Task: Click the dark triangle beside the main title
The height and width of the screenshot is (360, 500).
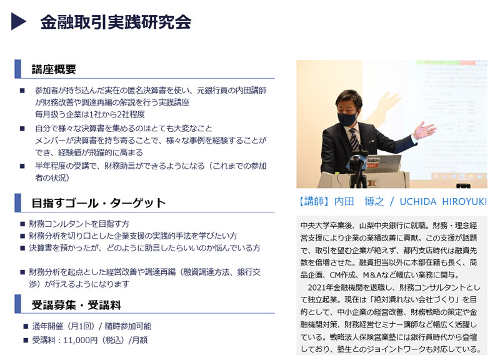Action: (x=17, y=21)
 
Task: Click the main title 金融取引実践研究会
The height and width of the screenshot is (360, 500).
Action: (x=116, y=22)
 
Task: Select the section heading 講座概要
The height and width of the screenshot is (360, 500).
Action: (x=54, y=69)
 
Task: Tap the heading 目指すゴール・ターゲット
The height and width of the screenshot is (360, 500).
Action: (x=99, y=202)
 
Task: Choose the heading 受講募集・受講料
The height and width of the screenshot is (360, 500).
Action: (x=76, y=305)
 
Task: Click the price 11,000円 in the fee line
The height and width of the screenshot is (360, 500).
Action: (x=81, y=340)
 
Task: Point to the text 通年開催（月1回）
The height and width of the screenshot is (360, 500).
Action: (x=63, y=326)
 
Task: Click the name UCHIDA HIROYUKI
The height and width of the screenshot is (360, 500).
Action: (x=443, y=201)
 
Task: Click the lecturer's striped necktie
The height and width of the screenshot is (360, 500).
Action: (x=354, y=139)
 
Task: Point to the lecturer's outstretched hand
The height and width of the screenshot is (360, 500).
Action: (x=424, y=130)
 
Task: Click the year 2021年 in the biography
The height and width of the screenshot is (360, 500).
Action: (x=320, y=287)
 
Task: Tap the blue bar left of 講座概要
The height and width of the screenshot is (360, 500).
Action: (x=18, y=69)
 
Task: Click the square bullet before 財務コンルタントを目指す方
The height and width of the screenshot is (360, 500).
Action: (x=22, y=224)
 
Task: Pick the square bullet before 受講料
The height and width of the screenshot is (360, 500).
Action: (x=26, y=340)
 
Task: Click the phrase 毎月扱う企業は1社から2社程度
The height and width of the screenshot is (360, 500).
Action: (x=90, y=114)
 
